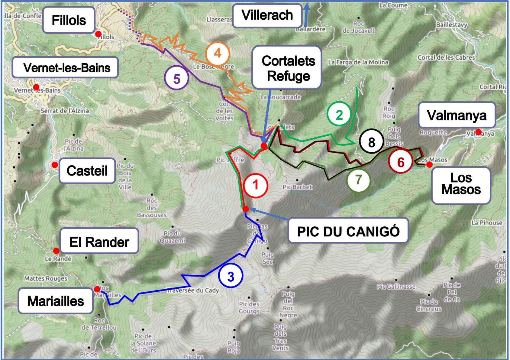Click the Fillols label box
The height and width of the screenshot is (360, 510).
pyautogui.click(x=69, y=20)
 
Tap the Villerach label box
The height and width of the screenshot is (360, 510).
pyautogui.click(x=267, y=15)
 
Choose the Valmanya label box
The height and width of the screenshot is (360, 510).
pyautogui.click(x=457, y=115)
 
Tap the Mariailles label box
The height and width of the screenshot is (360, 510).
pyautogui.click(x=56, y=301)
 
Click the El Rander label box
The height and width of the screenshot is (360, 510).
pyautogui.click(x=99, y=242)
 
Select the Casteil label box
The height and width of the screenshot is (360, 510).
pyautogui.click(x=87, y=171)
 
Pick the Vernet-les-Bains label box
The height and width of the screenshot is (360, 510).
pyautogui.click(x=66, y=68)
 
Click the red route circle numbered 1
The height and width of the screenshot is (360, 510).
pyautogui.click(x=256, y=185)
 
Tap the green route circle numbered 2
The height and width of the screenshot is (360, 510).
pyautogui.click(x=339, y=115)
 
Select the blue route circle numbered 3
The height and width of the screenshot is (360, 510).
pyautogui.click(x=231, y=276)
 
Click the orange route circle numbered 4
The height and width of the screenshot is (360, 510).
pyautogui.click(x=218, y=54)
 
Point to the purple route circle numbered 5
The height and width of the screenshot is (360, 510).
pyautogui.click(x=177, y=79)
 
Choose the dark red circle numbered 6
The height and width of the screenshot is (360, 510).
pyautogui.click(x=401, y=162)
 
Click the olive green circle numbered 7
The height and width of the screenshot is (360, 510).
pyautogui.click(x=359, y=180)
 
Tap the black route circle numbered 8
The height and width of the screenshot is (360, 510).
pyautogui.click(x=371, y=142)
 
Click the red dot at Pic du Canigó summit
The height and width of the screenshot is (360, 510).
pyautogui.click(x=246, y=209)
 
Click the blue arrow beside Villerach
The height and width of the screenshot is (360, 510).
pyautogui.click(x=307, y=15)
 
